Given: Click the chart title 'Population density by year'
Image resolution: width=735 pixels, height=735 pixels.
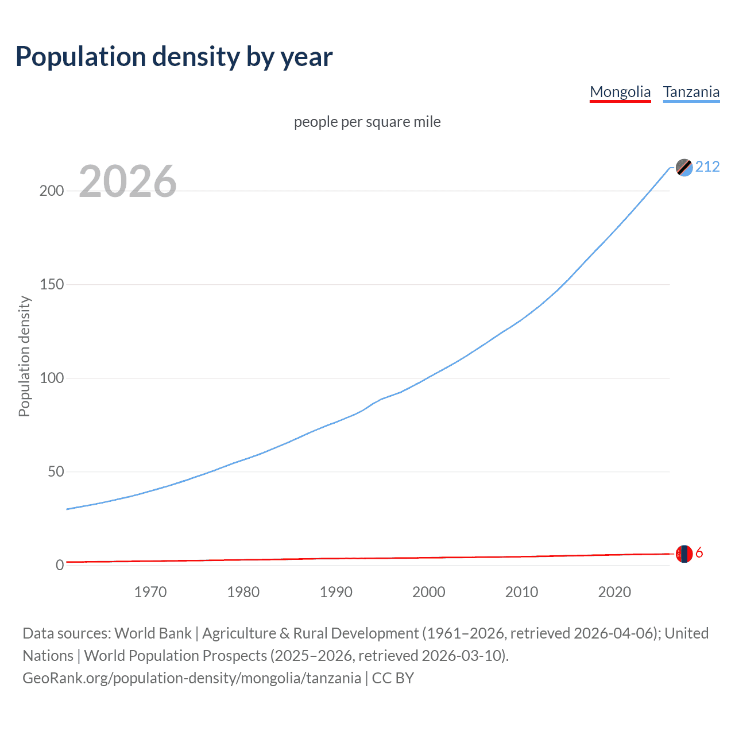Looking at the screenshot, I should click(x=174, y=57).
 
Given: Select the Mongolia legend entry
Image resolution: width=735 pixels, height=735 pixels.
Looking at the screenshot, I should click(x=620, y=92).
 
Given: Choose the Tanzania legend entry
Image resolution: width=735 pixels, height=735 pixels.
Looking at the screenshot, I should click(x=691, y=92).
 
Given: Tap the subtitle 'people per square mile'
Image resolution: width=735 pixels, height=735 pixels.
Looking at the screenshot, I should click(x=367, y=122).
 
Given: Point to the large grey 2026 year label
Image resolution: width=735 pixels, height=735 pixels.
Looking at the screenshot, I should click(x=127, y=181).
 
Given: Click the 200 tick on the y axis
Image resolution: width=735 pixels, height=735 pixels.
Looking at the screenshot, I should click(x=52, y=191).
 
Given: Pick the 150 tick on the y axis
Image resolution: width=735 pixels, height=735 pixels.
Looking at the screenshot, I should click(x=52, y=284).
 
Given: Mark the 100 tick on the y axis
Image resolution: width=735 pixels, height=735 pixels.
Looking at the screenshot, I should click(x=52, y=378).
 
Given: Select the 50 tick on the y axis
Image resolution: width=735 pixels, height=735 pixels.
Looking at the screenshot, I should click(x=56, y=471).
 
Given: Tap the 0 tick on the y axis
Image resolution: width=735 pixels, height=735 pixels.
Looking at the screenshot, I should click(x=60, y=565).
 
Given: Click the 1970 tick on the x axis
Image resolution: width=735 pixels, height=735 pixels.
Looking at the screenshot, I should click(x=150, y=592).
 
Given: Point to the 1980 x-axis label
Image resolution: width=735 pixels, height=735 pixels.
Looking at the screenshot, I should click(x=243, y=592).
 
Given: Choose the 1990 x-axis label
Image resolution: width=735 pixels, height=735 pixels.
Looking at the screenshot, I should click(x=336, y=592).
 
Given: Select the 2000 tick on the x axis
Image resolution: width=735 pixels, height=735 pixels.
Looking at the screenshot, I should click(x=429, y=592).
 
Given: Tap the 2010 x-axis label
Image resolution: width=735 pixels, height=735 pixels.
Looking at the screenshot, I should click(x=521, y=592).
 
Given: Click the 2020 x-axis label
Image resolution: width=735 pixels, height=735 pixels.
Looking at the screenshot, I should click(x=614, y=592).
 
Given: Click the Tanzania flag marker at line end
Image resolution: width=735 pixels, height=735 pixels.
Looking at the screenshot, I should click(x=684, y=167).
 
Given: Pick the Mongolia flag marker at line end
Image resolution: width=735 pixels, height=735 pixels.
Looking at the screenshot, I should click(x=684, y=554).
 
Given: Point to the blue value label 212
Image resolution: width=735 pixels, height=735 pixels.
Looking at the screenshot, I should click(x=707, y=167).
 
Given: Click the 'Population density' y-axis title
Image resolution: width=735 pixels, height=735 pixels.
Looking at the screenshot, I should click(x=24, y=356).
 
